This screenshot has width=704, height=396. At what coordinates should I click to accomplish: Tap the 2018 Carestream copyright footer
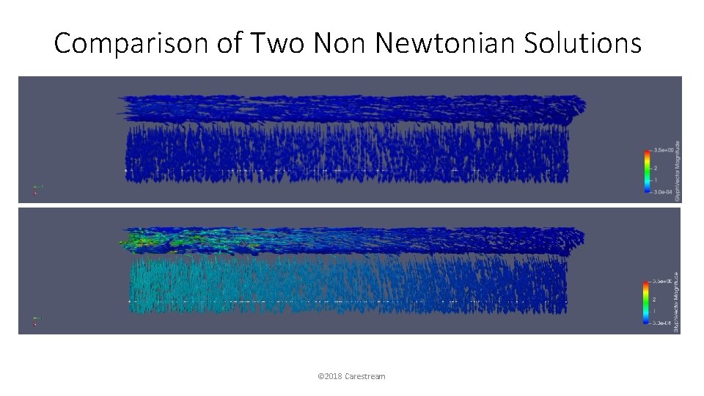pyautogui.click(x=352, y=376)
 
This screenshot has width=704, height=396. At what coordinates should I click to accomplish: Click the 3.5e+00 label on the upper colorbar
pyautogui.click(x=663, y=150)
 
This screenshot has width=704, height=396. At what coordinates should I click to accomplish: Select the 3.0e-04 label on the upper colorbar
pyautogui.click(x=663, y=191)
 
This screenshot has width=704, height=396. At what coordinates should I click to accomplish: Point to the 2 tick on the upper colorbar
pyautogui.click(x=656, y=168)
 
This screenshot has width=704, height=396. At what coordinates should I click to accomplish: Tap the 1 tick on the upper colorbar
pyautogui.click(x=656, y=180)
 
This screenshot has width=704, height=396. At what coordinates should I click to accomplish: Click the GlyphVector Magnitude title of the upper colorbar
pyautogui.click(x=678, y=171)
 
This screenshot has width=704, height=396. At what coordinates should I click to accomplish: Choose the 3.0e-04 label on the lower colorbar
pyautogui.click(x=662, y=323)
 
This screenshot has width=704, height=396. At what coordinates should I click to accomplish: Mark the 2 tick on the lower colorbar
pyautogui.click(x=655, y=299)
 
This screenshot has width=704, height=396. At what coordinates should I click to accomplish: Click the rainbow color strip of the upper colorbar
pyautogui.click(x=646, y=171)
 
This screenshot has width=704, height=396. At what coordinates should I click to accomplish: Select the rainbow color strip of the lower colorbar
pyautogui.click(x=645, y=302)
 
